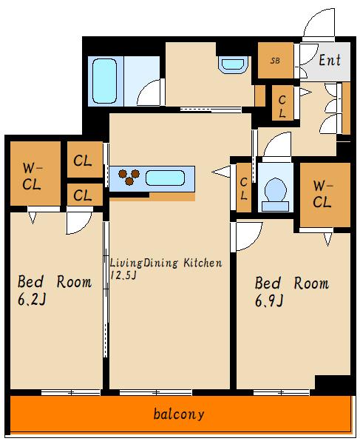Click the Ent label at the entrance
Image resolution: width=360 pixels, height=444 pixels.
coord(330,60)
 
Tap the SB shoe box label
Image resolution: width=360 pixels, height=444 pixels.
coord(275,61)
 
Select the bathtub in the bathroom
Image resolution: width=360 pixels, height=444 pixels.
coord(105,81)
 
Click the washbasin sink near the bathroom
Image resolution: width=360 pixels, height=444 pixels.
coord(233,64)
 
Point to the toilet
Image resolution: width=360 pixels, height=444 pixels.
coord(275,194)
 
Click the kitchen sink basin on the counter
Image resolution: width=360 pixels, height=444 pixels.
coord(166,178)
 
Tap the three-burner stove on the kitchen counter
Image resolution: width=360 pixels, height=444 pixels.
coord(129,178)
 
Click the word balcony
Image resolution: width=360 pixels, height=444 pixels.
coord(179,414)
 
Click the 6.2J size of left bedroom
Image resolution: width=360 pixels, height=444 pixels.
coord(32,299)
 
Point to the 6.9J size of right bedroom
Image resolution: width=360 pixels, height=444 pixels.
coord(269,300)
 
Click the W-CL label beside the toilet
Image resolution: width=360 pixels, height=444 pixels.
coord(322,194)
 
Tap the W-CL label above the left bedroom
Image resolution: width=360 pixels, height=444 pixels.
coord(32,176)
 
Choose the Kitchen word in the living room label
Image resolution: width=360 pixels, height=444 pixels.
coord(203,263)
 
